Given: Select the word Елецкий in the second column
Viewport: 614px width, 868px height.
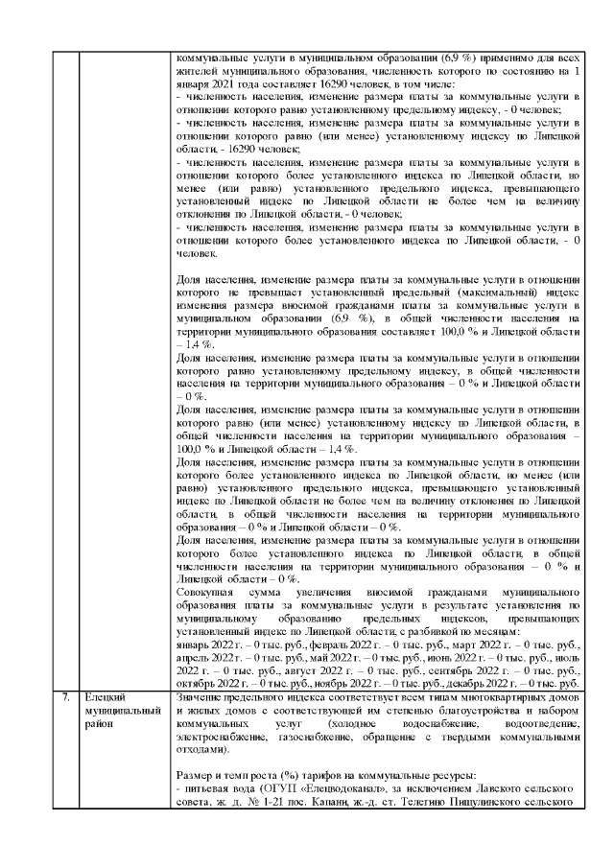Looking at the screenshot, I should (106, 697).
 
